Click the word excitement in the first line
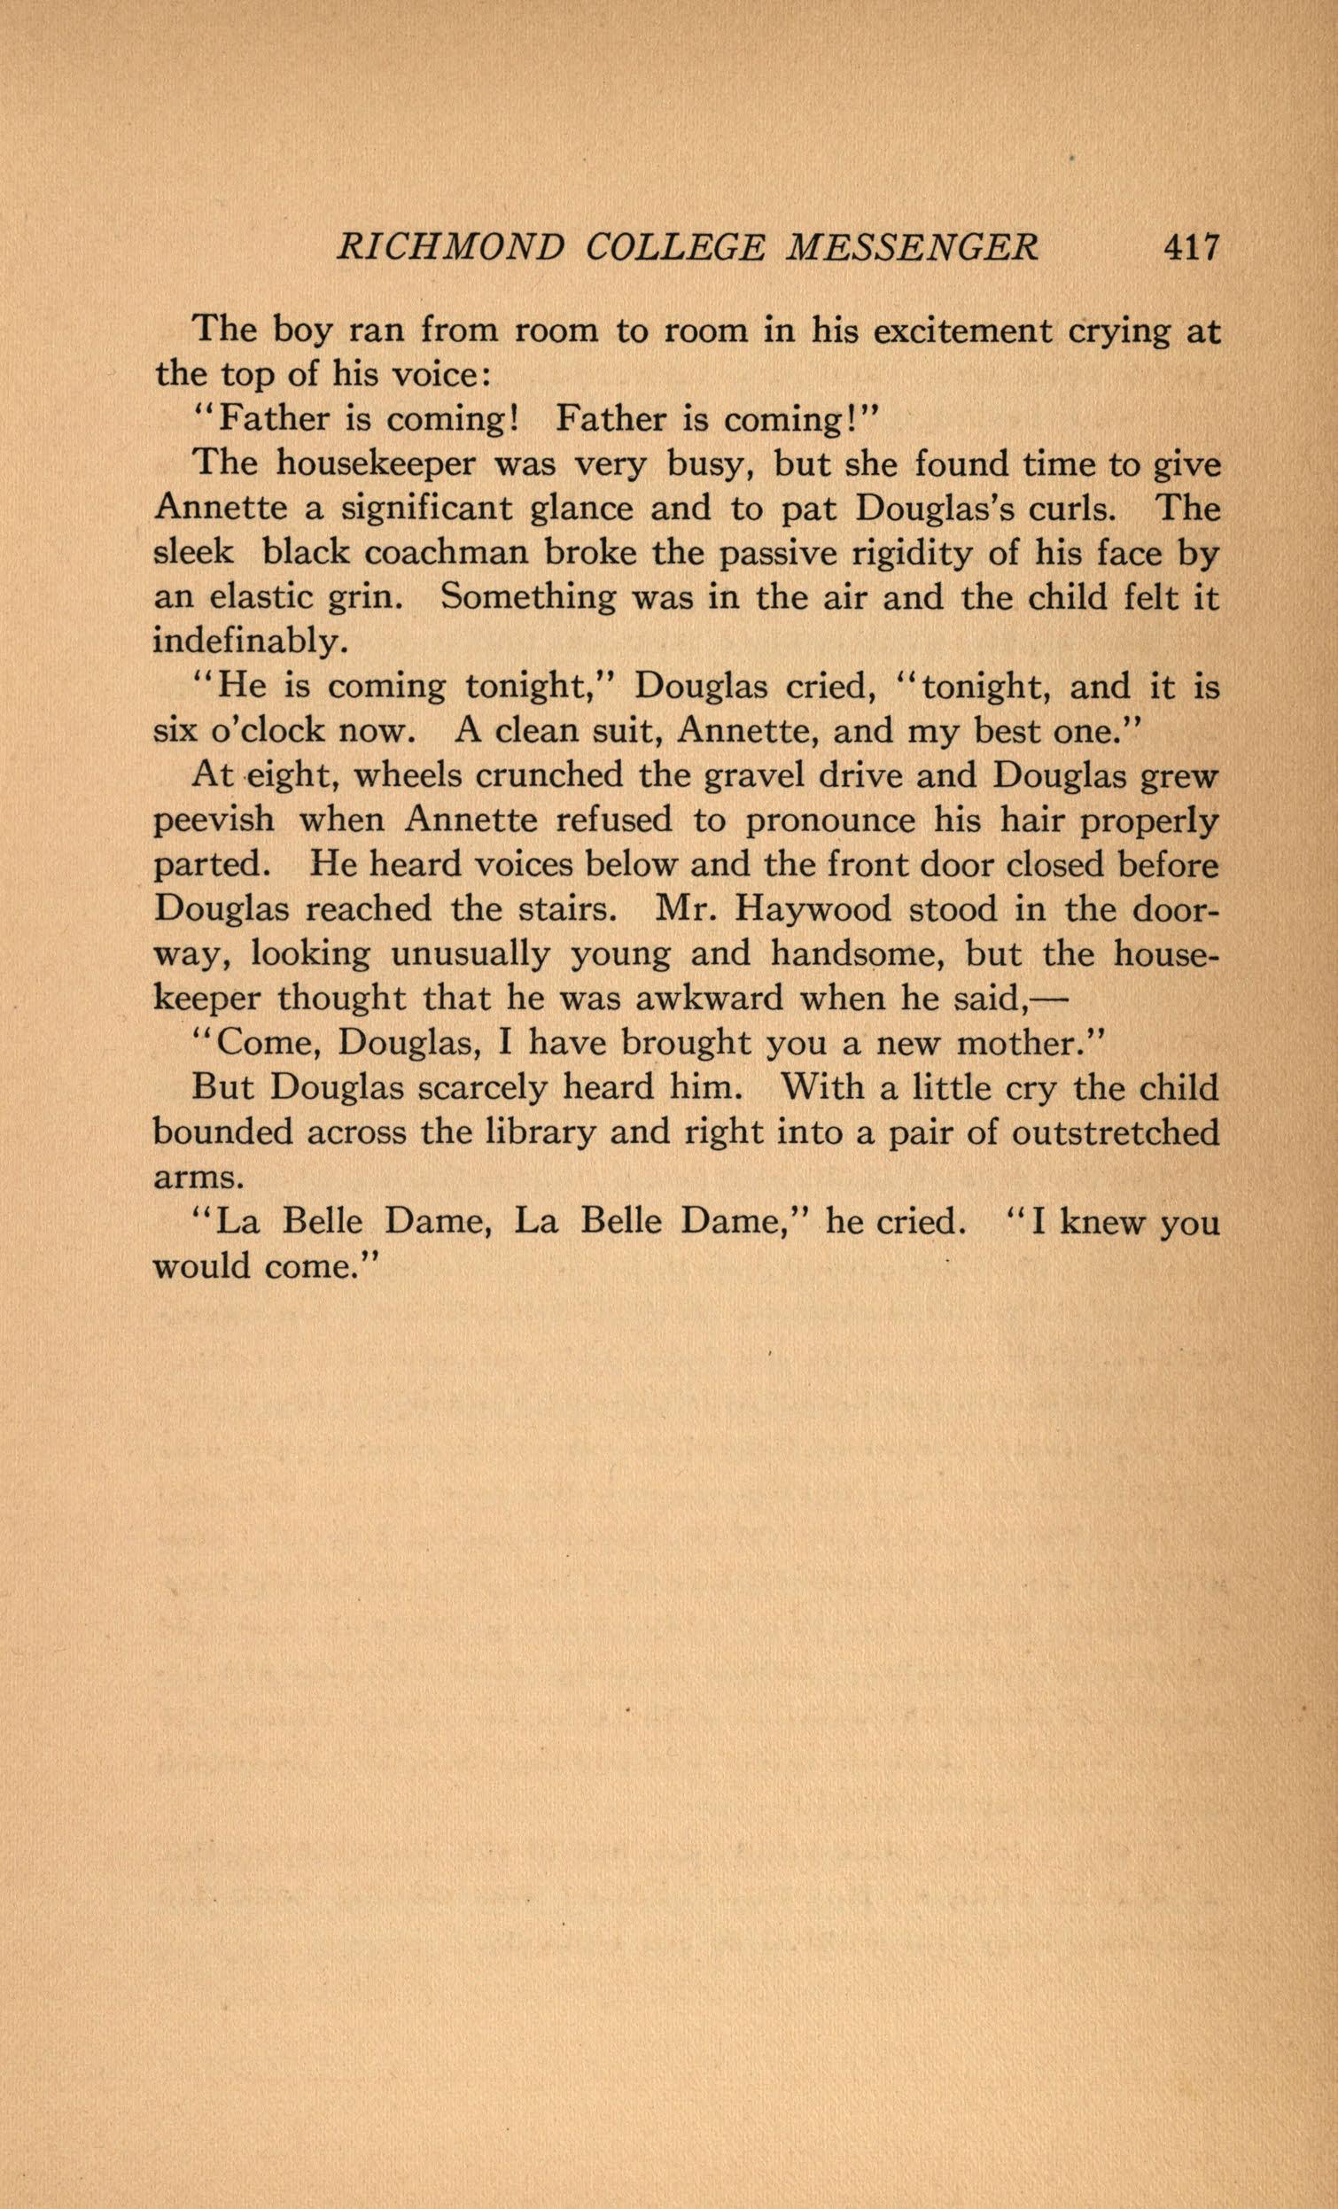[x=962, y=331]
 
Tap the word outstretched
[x=1115, y=1132]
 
